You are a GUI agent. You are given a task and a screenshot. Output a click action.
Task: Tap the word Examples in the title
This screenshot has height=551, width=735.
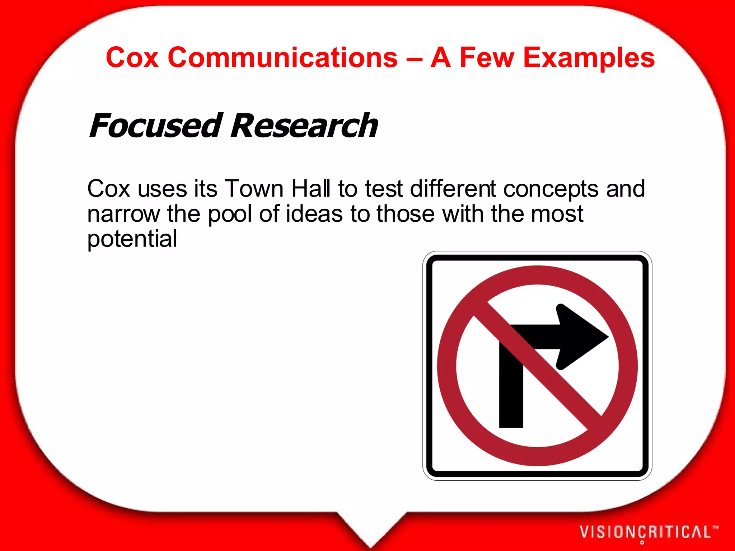coord(589,58)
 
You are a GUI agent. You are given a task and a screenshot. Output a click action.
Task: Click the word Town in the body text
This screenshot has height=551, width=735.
coord(254,189)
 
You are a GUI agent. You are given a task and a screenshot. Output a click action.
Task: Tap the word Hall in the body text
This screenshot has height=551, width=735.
coord(311,189)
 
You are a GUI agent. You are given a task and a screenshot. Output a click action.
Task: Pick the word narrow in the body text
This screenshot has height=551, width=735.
coord(123,214)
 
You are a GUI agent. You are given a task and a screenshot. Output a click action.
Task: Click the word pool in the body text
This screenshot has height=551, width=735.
coord(230,214)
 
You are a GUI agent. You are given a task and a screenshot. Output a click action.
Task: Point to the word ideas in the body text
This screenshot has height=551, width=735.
coord(314,214)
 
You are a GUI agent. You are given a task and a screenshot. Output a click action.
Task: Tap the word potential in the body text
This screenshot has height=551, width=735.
coord(132,239)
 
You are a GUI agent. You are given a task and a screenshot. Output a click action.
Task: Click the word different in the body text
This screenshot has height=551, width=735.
coord(453,189)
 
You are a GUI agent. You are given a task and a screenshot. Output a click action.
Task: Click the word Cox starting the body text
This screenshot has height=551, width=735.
coord(108,189)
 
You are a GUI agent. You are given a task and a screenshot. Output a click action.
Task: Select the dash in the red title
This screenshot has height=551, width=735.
coord(414,58)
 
